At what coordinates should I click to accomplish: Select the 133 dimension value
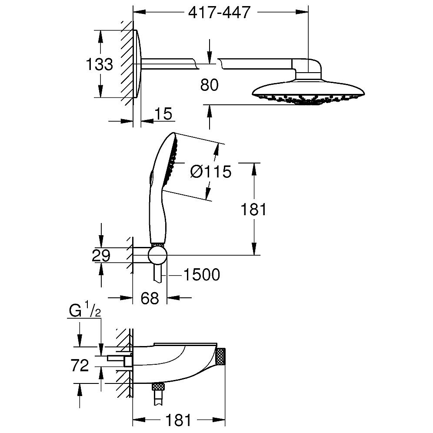tap(99, 64)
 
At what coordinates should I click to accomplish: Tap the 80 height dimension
tap(209, 85)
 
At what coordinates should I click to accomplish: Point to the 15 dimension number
tap(163, 114)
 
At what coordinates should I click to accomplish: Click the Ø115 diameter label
tap(210, 172)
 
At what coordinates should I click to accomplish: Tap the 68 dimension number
tap(149, 298)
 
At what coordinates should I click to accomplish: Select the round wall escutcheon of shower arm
tap(137, 64)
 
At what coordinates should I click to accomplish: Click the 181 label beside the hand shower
tap(254, 209)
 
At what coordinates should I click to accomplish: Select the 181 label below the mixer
tap(178, 420)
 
